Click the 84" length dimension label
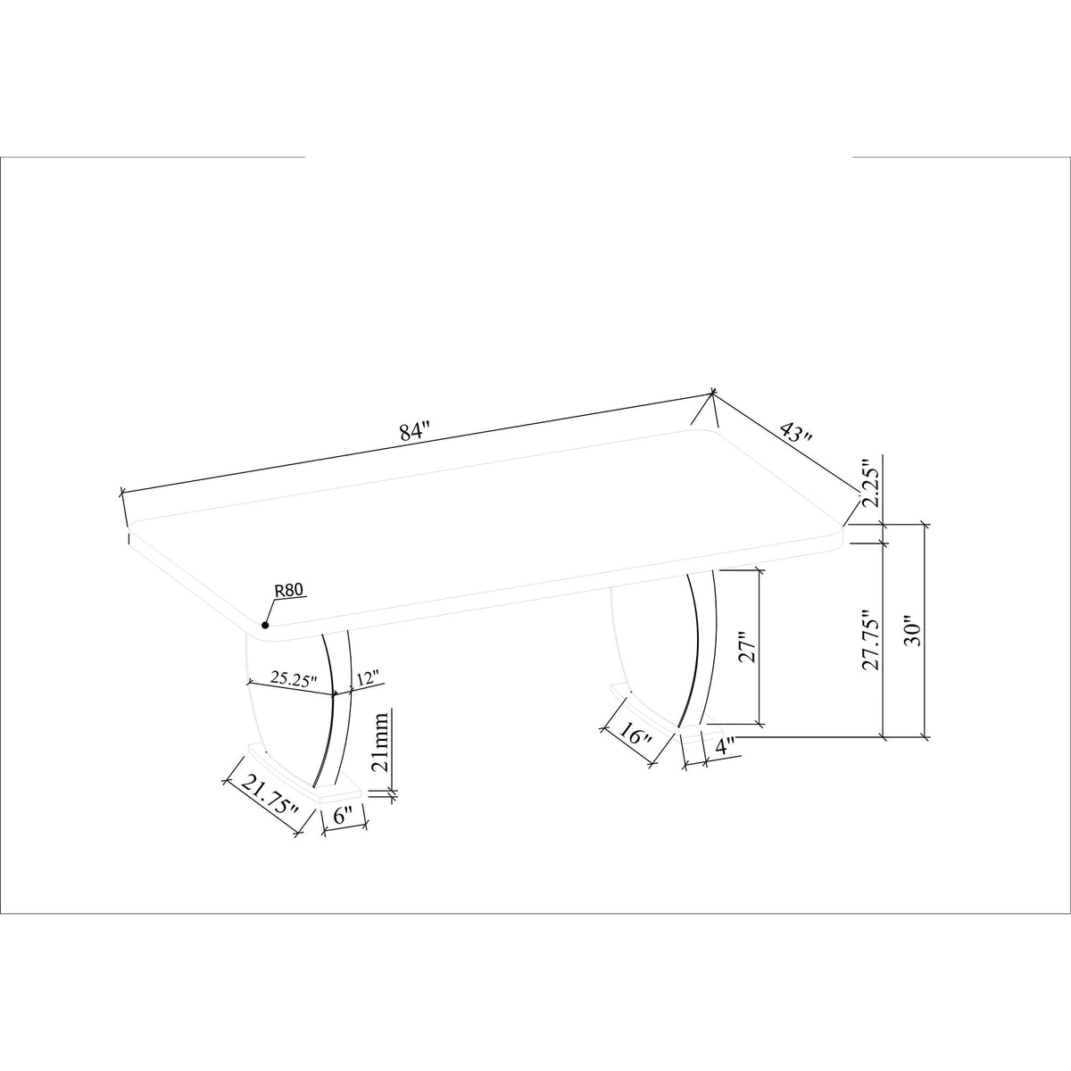coord(416,432)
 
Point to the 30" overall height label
coord(913,631)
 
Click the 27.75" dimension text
coord(870,641)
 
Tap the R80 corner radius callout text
coord(288,591)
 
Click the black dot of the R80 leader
coord(265,626)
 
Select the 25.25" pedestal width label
coord(294,678)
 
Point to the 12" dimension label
coord(368,678)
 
